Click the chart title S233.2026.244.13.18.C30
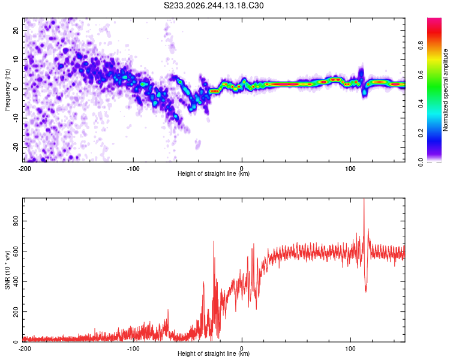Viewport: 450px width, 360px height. tap(214, 5)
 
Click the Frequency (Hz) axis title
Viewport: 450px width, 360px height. tap(7, 90)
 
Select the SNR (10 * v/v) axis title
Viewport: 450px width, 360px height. tap(7, 270)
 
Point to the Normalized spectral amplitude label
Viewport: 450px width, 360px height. tap(445, 90)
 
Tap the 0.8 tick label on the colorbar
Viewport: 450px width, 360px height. tap(421, 45)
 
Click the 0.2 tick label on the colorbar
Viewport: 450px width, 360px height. tap(421, 133)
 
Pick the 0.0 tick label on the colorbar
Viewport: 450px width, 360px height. tap(421, 162)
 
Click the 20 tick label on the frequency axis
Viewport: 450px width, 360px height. tap(16, 30)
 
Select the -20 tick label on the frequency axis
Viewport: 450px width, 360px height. tap(16, 148)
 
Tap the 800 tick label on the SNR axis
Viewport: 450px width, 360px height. tap(16, 221)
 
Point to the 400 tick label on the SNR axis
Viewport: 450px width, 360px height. tap(16, 281)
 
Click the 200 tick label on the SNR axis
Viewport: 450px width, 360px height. tap(16, 311)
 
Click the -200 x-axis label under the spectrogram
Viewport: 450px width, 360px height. tap(25, 169)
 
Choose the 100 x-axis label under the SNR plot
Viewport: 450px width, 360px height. tap(350, 349)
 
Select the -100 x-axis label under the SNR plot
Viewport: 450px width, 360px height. tap(133, 349)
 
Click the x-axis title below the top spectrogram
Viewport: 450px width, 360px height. tap(214, 173)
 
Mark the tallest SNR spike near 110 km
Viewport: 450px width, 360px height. tap(364, 199)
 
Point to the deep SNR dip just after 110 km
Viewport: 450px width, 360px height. tap(365, 292)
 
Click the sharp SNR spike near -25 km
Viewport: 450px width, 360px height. tap(214, 242)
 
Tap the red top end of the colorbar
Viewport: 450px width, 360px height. tap(434, 20)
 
